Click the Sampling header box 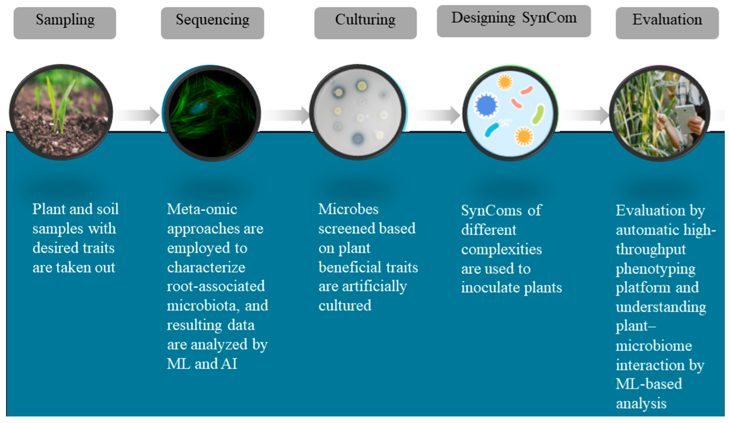click(65, 23)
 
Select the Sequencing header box click(212, 23)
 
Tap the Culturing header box click(365, 23)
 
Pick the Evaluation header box click(667, 23)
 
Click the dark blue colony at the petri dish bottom click(358, 139)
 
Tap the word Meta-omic click(202, 209)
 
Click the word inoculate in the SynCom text click(491, 288)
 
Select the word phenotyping click(655, 269)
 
